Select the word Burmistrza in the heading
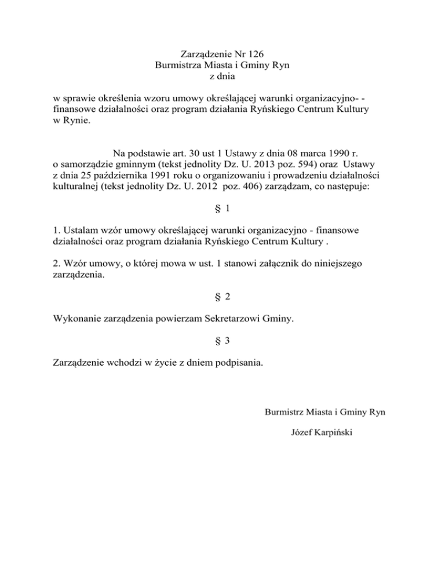pos(181,65)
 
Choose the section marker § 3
pos(222,342)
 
